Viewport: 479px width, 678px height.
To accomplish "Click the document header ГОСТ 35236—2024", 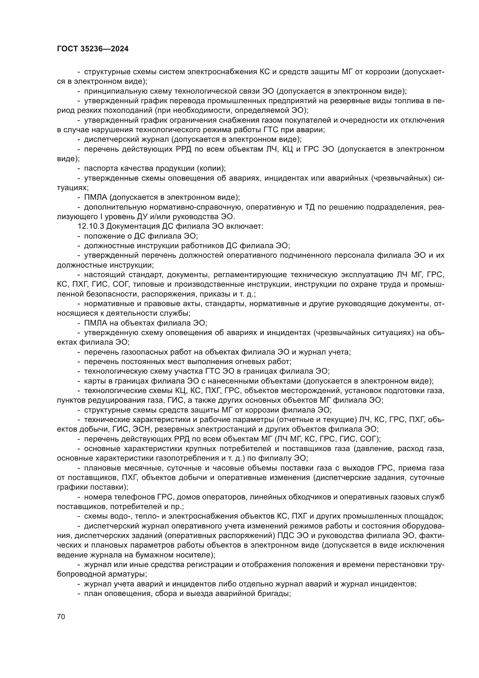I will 93,49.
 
